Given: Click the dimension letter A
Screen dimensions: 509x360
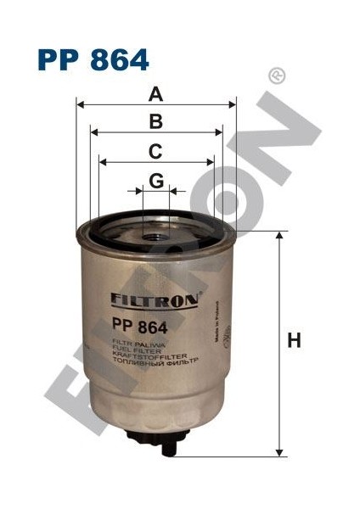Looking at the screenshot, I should [x=155, y=93].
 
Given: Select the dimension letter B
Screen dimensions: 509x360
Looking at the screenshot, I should [x=155, y=121].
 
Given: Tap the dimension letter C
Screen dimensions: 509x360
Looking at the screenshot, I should [x=155, y=151].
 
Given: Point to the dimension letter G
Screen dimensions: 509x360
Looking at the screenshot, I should [x=155, y=180].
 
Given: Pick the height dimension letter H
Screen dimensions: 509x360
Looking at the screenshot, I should [x=294, y=341].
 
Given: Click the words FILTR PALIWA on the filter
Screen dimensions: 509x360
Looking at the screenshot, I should [x=136, y=343].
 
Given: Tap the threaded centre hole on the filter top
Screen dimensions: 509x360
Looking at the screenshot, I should [x=155, y=222].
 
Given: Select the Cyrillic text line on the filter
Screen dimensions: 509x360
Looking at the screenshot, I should [x=153, y=361].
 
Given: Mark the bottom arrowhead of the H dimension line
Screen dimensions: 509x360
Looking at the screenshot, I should [x=279, y=453].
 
